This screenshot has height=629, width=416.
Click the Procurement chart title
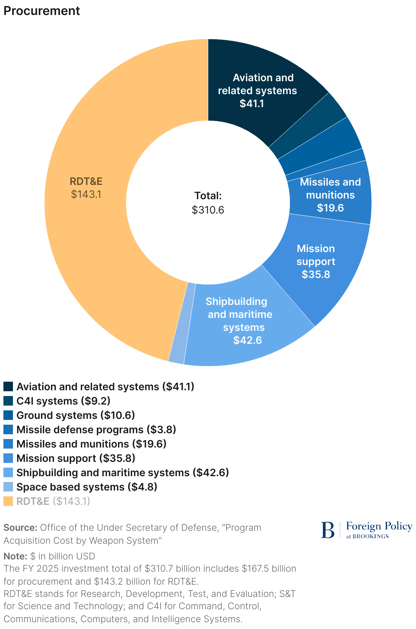point(42,11)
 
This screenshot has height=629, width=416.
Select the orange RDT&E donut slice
point(85,239)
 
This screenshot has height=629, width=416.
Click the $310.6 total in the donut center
point(208,210)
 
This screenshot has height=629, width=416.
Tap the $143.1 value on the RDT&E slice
point(86,194)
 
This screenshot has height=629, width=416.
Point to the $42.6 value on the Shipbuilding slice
point(248,340)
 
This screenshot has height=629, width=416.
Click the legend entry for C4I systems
point(63,401)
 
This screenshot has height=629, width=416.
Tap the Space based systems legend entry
point(87,487)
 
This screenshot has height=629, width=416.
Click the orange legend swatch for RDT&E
point(8,501)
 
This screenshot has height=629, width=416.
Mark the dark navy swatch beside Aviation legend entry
point(8,386)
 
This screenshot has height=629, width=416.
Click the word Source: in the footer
point(20,528)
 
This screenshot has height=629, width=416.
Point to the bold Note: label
point(15,556)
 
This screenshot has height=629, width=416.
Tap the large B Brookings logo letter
point(328,530)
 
